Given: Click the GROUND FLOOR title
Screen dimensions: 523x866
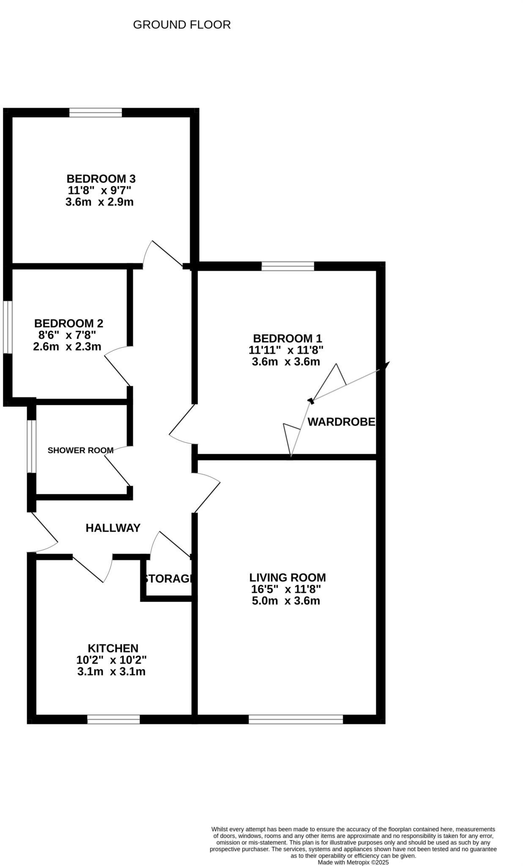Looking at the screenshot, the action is (182, 25).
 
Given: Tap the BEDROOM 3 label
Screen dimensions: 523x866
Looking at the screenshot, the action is (101, 178).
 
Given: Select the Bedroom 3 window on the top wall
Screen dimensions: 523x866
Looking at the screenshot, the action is (96, 112).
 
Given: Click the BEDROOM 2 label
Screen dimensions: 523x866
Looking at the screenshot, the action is (68, 323).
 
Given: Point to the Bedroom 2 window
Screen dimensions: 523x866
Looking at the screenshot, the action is (8, 327).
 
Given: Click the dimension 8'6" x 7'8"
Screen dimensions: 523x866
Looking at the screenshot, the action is (67, 335).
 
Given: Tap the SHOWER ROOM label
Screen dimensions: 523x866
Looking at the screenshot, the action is (80, 450).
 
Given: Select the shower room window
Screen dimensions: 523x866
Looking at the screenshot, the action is (31, 446).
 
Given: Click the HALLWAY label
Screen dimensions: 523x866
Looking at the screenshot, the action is (113, 528).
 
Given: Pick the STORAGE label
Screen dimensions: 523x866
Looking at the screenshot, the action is (168, 578).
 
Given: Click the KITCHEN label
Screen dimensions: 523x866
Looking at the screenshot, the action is (113, 648).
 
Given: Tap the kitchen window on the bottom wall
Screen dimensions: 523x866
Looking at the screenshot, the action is (113, 719).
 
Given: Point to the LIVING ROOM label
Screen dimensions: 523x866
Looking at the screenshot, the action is (288, 578).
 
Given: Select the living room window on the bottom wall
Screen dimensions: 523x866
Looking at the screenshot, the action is (296, 719).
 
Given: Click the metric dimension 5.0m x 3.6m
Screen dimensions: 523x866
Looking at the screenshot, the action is (286, 601).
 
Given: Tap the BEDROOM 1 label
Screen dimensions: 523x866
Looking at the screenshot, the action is (288, 338).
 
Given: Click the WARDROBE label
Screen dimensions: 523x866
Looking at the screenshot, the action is (341, 422).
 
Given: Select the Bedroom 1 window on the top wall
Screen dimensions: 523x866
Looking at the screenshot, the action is (288, 266).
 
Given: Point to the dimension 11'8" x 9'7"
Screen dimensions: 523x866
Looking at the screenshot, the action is (100, 190).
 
